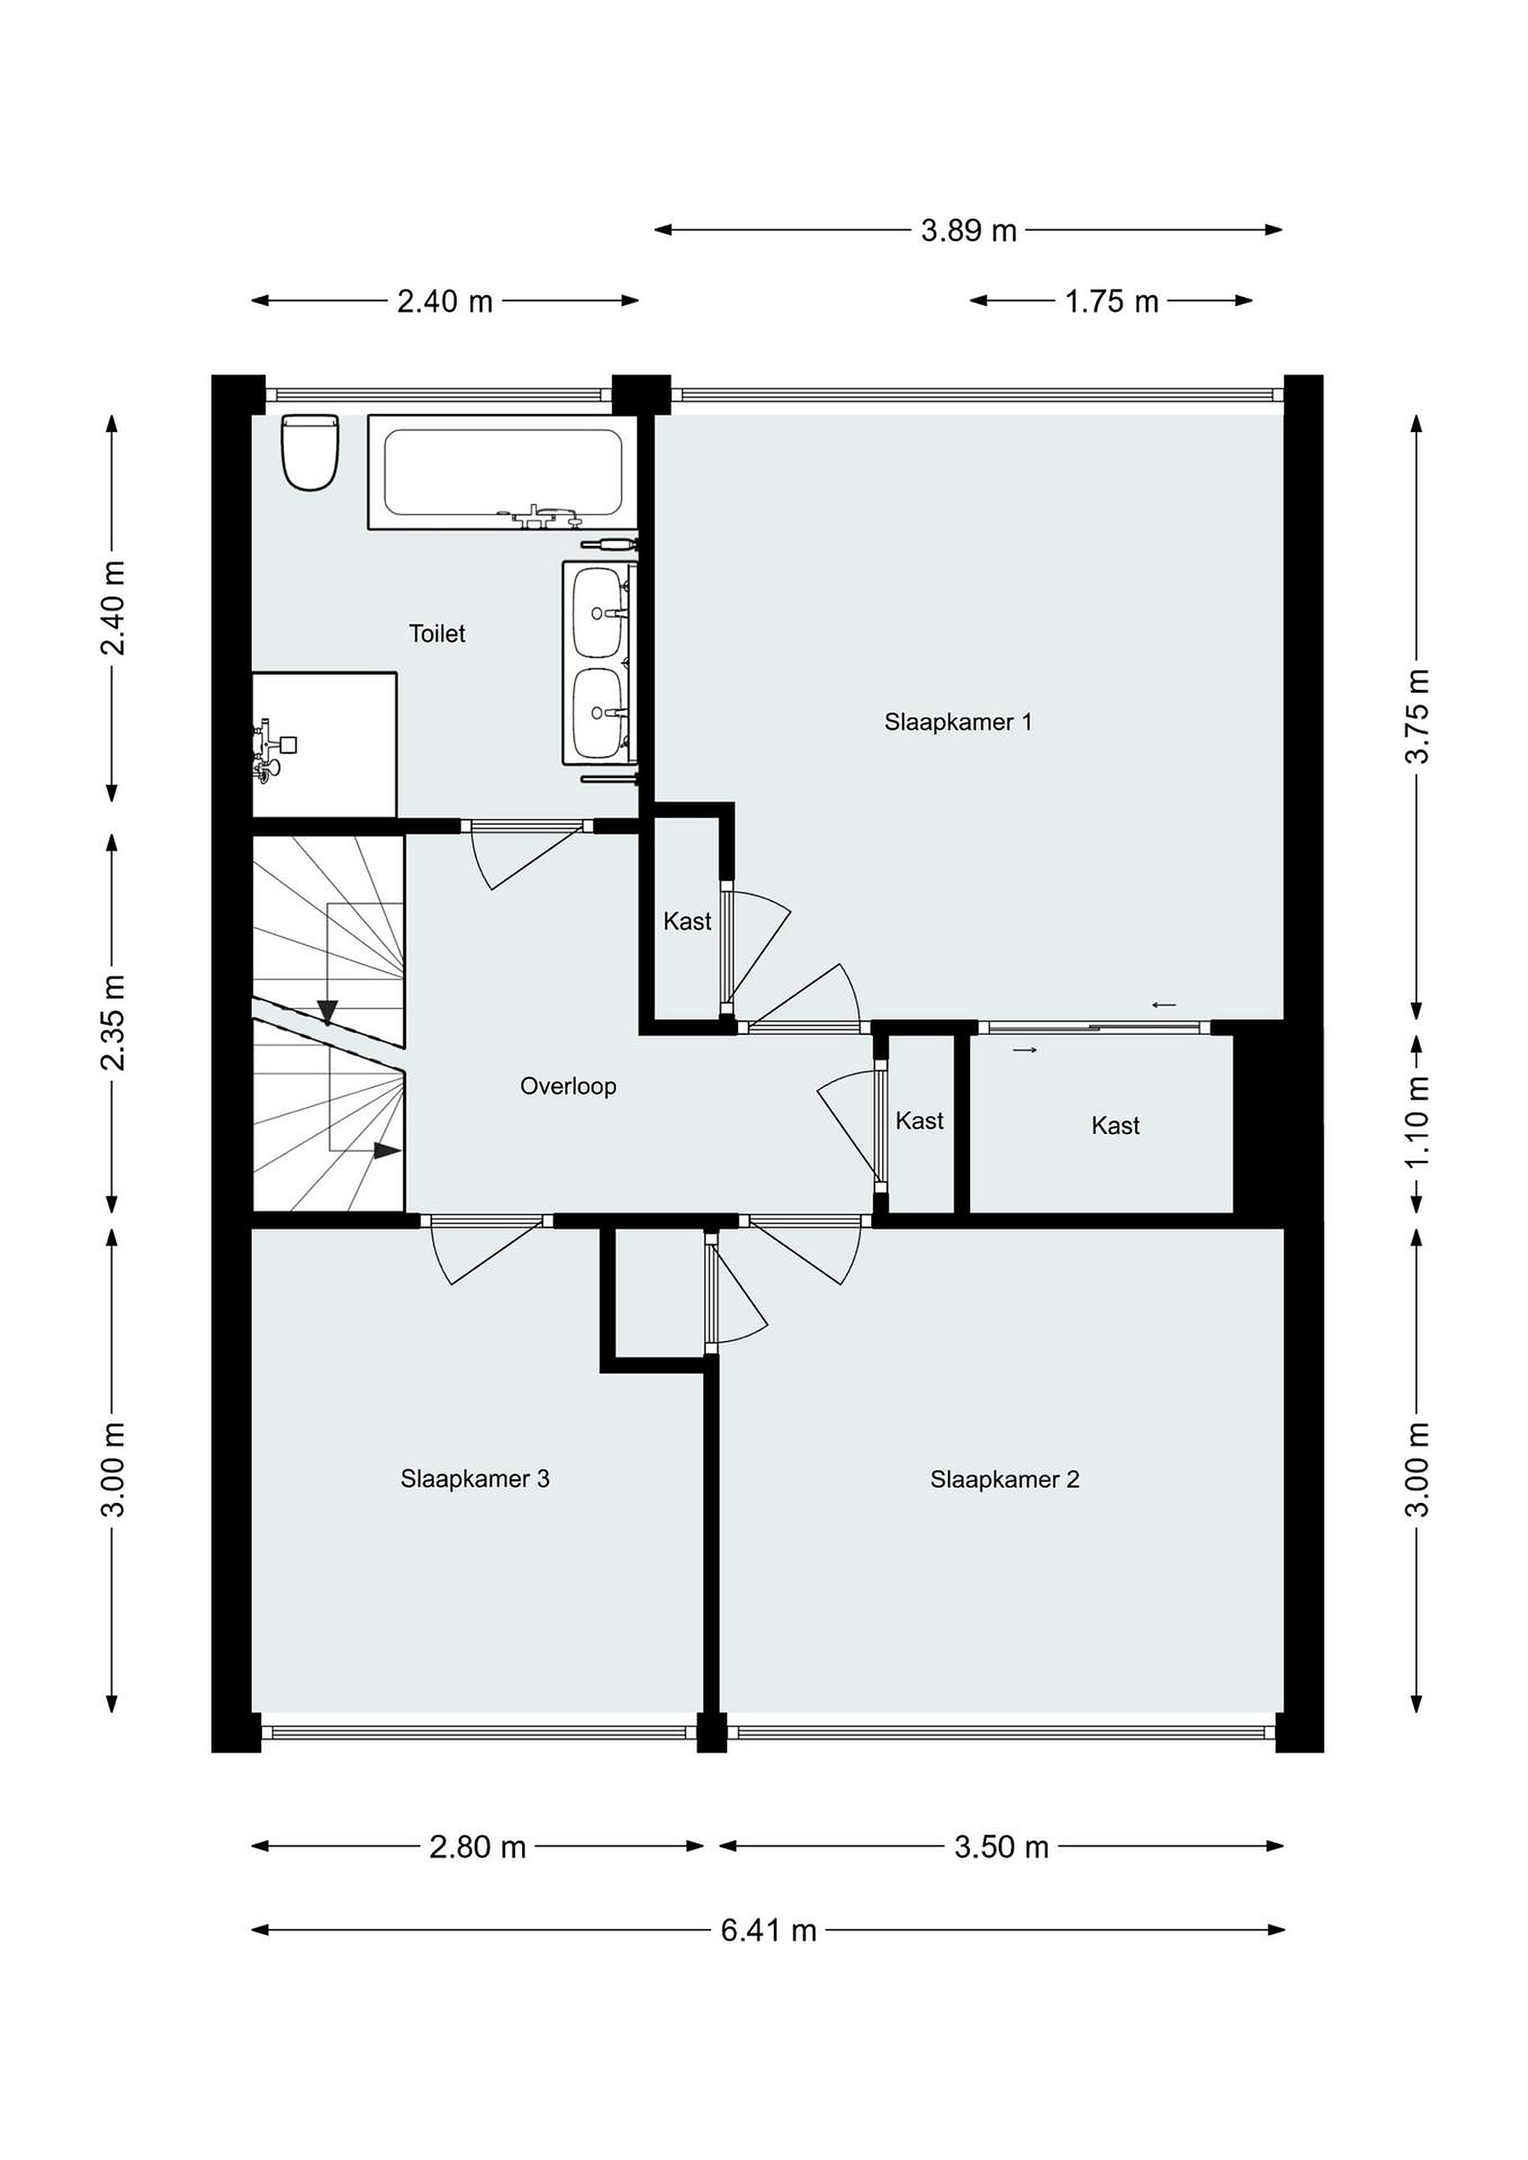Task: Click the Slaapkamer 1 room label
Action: (x=958, y=721)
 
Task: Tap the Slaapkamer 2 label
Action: (x=1005, y=1480)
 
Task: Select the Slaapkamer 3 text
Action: (x=475, y=1479)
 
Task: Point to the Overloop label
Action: (x=569, y=1087)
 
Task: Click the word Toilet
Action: (x=437, y=633)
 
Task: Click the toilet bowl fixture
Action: (x=310, y=452)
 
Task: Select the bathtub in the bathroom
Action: (x=503, y=472)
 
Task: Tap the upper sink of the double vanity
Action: (x=599, y=613)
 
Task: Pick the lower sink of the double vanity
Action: (x=599, y=714)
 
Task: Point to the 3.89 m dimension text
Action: (x=969, y=230)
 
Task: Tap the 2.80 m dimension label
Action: (x=477, y=1846)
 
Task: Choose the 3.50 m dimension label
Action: (x=1001, y=1846)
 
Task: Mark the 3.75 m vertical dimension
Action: (x=1417, y=716)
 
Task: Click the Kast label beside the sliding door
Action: (x=1116, y=1125)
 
